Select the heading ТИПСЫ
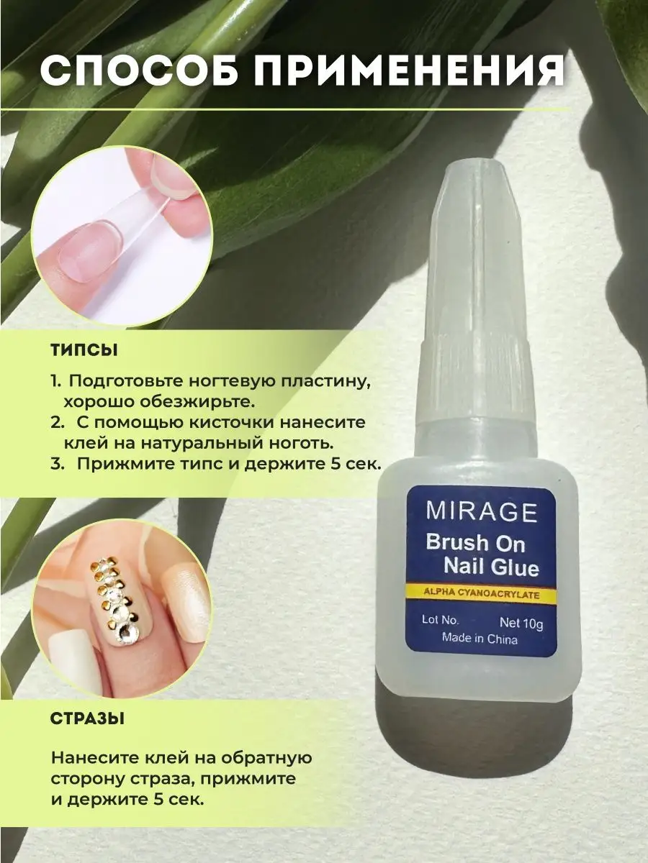(x=84, y=351)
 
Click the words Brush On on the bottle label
(x=476, y=543)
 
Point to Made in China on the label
(x=480, y=638)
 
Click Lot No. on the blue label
(x=440, y=620)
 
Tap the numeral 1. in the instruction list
(x=55, y=381)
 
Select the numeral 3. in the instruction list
(x=57, y=465)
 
